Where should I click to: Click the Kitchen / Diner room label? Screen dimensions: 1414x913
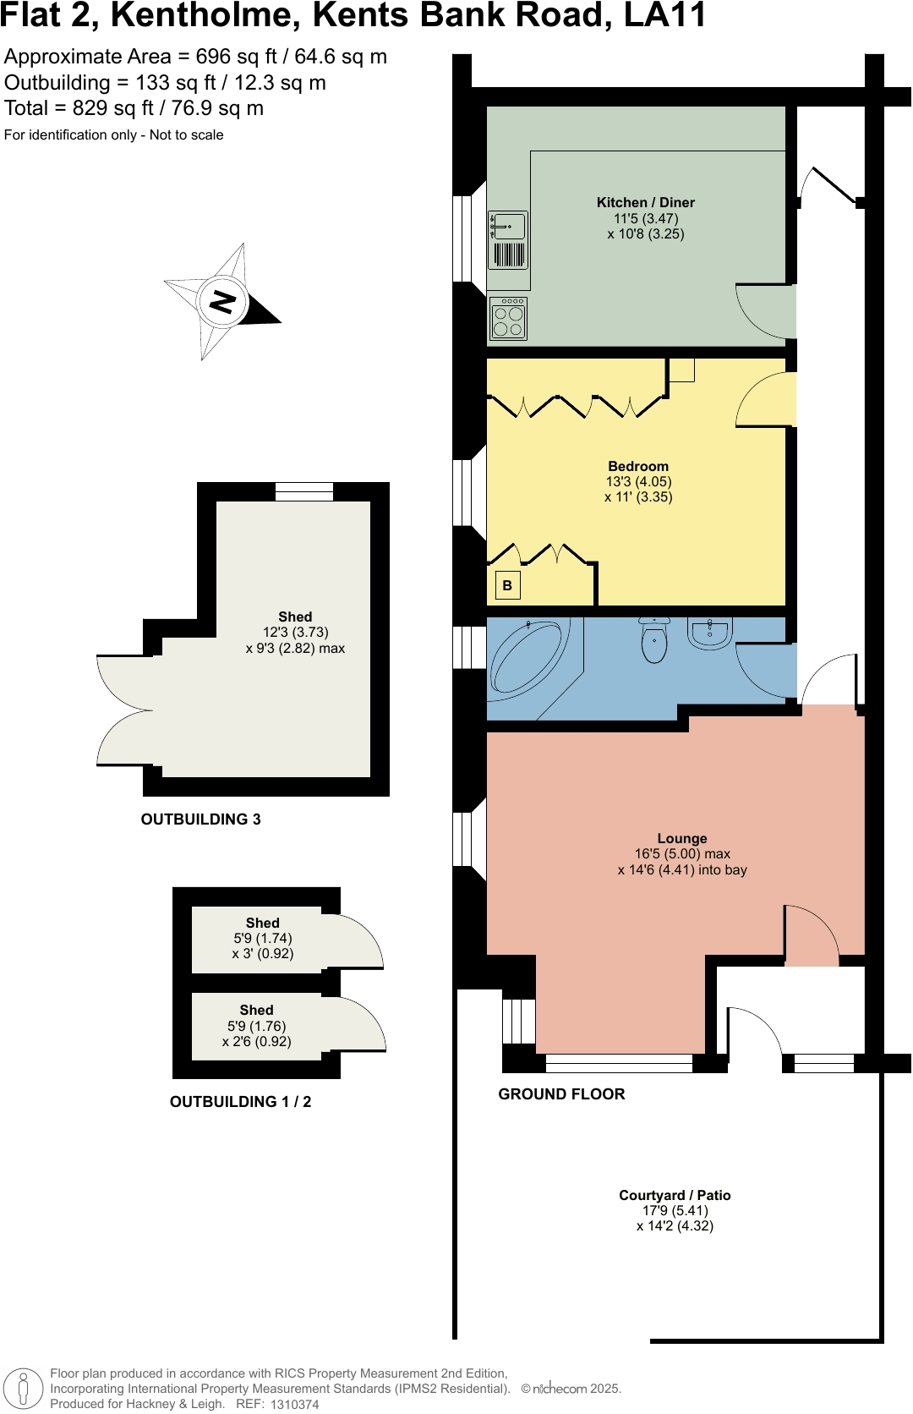(645, 203)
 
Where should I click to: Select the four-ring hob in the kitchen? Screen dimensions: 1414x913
(508, 319)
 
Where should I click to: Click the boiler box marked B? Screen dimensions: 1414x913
(507, 585)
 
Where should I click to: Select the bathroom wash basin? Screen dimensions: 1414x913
(710, 632)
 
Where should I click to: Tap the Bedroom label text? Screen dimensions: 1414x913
(638, 467)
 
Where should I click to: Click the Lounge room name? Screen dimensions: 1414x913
(682, 839)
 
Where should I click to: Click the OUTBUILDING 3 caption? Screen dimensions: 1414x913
(200, 819)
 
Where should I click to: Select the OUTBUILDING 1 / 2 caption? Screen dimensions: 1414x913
(240, 1102)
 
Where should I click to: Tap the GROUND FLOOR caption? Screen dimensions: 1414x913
(561, 1094)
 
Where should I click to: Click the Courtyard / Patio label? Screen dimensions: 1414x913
(675, 1196)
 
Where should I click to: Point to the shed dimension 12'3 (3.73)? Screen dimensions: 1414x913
(295, 633)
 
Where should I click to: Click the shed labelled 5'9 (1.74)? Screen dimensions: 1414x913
(262, 939)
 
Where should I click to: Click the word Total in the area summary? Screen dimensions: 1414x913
(26, 108)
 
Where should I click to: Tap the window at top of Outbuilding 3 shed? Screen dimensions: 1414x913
(304, 491)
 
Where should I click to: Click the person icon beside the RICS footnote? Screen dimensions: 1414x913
(24, 1389)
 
